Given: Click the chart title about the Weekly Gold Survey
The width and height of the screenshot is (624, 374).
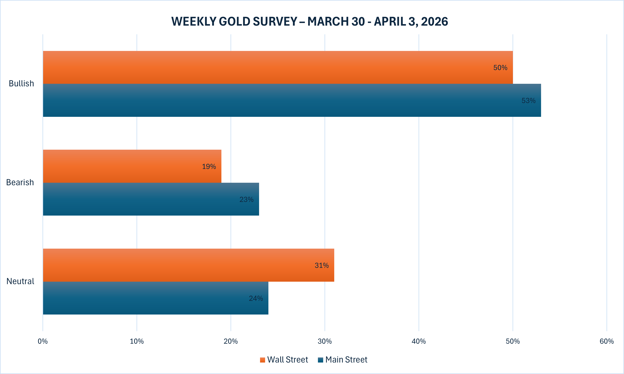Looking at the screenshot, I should pos(310,21).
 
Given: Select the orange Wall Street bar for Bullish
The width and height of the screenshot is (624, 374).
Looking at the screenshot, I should pos(277,67).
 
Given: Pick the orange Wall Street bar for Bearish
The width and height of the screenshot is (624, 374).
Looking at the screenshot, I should pos(132,166).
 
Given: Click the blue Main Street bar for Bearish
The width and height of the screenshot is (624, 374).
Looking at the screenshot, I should pos(151,199).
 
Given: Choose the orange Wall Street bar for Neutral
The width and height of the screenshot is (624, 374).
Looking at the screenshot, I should pos(189,265).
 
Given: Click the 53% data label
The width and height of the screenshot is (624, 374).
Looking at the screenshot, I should pos(528,100).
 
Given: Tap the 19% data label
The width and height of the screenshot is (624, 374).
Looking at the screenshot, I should pos(209,167).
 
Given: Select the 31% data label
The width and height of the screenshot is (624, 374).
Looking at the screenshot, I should pos(321,265).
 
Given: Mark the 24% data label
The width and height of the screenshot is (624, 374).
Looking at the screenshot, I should pos(256,298).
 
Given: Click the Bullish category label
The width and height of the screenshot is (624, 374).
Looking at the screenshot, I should pos(21,83).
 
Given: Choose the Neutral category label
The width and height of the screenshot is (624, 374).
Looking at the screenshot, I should pos(20,281).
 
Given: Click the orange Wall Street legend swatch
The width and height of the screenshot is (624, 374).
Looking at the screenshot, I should pos(263,360).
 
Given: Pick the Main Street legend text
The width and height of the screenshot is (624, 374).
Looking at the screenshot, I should pos(346,360).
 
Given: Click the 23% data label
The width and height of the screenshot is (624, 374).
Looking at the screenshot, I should pos(246,200).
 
